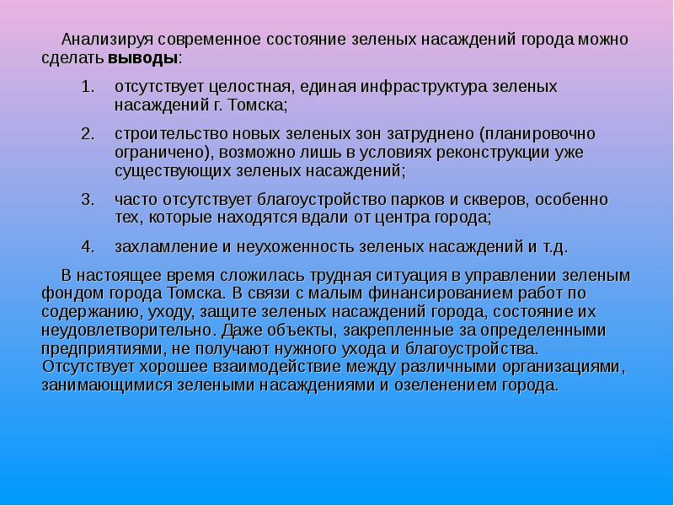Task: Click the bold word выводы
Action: tap(143, 59)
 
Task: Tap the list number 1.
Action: tap(87, 87)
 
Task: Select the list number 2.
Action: tap(87, 134)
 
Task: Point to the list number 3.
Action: tap(87, 199)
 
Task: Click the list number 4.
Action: tap(87, 247)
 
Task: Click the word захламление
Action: tap(158, 247)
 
